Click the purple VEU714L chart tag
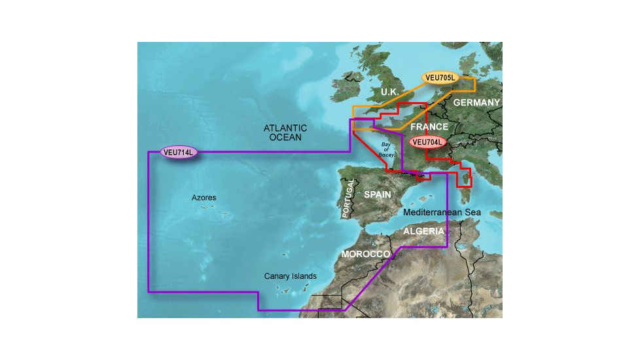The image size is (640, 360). (x=179, y=153)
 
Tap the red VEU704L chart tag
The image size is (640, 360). (x=427, y=141)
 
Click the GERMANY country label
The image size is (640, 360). (x=476, y=103)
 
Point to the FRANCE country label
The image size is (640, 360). (x=429, y=127)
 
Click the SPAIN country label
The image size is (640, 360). (x=377, y=194)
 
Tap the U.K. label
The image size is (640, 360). (x=389, y=92)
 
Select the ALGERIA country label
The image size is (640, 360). (x=423, y=232)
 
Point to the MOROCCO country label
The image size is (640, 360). (x=366, y=253)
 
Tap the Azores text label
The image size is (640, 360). (x=204, y=197)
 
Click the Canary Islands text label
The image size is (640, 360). (x=290, y=276)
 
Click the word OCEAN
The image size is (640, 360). (x=285, y=137)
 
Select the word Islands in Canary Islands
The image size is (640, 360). (x=304, y=276)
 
